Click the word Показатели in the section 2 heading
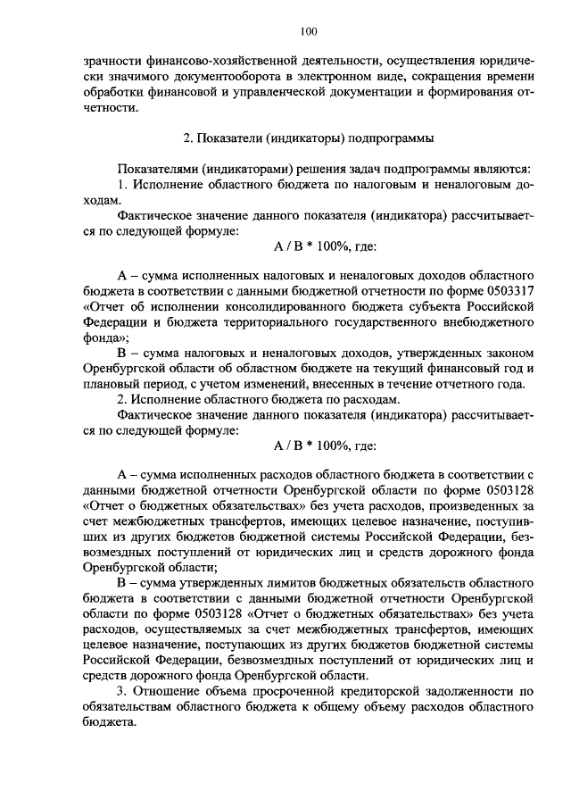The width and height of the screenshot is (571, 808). (226, 138)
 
